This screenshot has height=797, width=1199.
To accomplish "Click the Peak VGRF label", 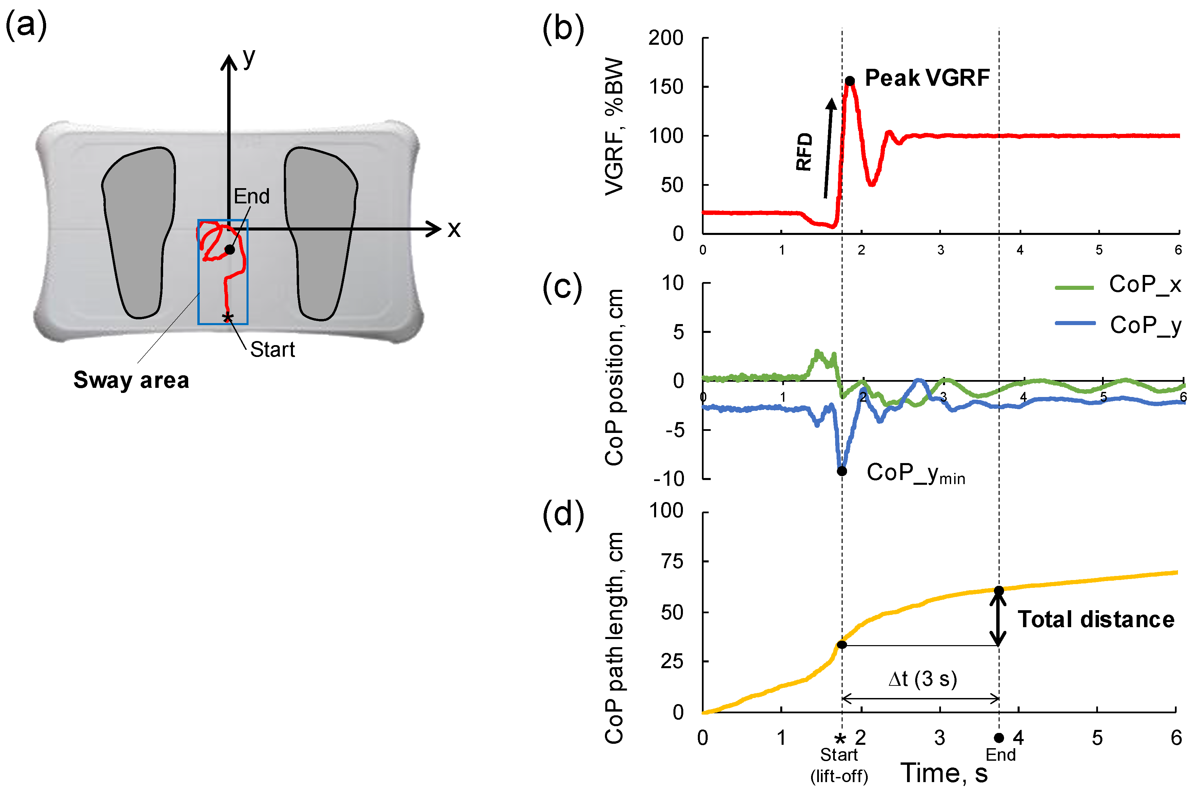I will [927, 78].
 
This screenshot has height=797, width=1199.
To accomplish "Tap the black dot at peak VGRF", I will [849, 81].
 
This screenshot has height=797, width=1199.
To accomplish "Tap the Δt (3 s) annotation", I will [923, 679].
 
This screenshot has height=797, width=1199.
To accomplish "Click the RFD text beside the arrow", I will [804, 152].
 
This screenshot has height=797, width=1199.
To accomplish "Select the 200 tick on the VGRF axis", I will [666, 38].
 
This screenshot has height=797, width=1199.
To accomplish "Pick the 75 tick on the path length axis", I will [672, 561].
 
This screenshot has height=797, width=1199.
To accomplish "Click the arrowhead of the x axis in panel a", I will [435, 229].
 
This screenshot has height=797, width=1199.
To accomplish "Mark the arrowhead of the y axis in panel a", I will [229, 62].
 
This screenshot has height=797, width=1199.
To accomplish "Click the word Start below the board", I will [272, 350].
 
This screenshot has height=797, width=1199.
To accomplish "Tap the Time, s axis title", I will [944, 773].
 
